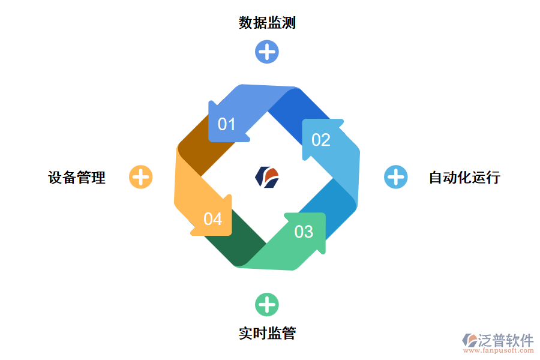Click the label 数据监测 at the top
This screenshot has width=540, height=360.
pyautogui.click(x=267, y=23)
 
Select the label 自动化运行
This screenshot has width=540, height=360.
pyautogui.click(x=464, y=178)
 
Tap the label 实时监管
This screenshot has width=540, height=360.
pyautogui.click(x=267, y=334)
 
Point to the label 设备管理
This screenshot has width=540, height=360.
pyautogui.click(x=77, y=178)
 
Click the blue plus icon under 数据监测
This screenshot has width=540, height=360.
pyautogui.click(x=267, y=52)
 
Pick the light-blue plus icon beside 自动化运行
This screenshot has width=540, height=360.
pyautogui.click(x=395, y=177)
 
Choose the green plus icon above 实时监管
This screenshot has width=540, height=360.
pyautogui.click(x=267, y=304)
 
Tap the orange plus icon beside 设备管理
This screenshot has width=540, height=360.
pyautogui.click(x=141, y=177)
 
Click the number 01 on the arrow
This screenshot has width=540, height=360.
pyautogui.click(x=227, y=124)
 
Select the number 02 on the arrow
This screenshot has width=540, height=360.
pyautogui.click(x=321, y=140)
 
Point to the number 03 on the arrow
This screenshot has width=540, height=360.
pyautogui.click(x=304, y=231)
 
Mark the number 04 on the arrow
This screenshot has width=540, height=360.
pyautogui.click(x=213, y=219)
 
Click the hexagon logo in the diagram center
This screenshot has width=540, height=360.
pyautogui.click(x=267, y=176)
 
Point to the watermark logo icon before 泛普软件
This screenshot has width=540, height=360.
pyautogui.click(x=469, y=340)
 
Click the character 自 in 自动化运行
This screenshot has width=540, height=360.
pyautogui.click(x=436, y=178)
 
